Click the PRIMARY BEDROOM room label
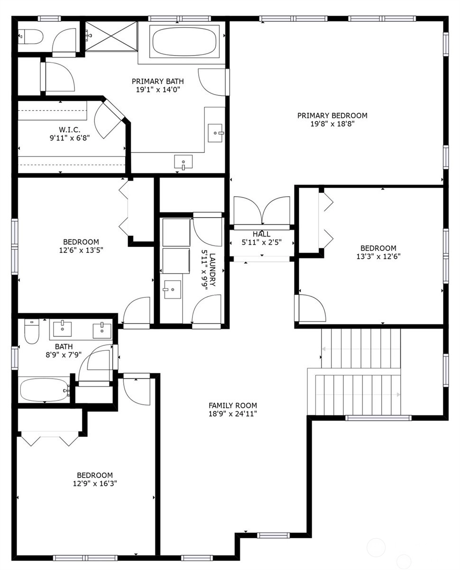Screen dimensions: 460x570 tap(332, 115)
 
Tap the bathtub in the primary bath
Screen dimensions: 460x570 tap(184, 41)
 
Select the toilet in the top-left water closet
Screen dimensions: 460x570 tap(31, 37)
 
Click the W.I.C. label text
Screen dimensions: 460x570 tap(69, 130)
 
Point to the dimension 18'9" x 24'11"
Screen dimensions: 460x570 tap(233, 414)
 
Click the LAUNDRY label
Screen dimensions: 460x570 tap(212, 269)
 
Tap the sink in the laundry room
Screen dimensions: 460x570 tap(172, 289)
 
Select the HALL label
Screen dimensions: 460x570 tap(261, 234)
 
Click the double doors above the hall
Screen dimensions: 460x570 tap(262, 210)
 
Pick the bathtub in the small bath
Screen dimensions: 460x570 tap(45, 390)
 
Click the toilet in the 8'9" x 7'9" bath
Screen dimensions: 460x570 tap(32, 331)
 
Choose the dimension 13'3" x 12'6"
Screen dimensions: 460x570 tap(378, 256)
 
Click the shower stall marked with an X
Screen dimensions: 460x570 tap(111, 36)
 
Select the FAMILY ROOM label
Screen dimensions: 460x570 tap(233, 406)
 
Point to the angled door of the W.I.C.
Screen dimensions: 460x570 tap(109, 120)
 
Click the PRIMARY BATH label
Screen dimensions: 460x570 tap(157, 81)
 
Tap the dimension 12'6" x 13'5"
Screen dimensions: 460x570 tap(81, 250)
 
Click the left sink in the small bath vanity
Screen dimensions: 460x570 tap(62, 329)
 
